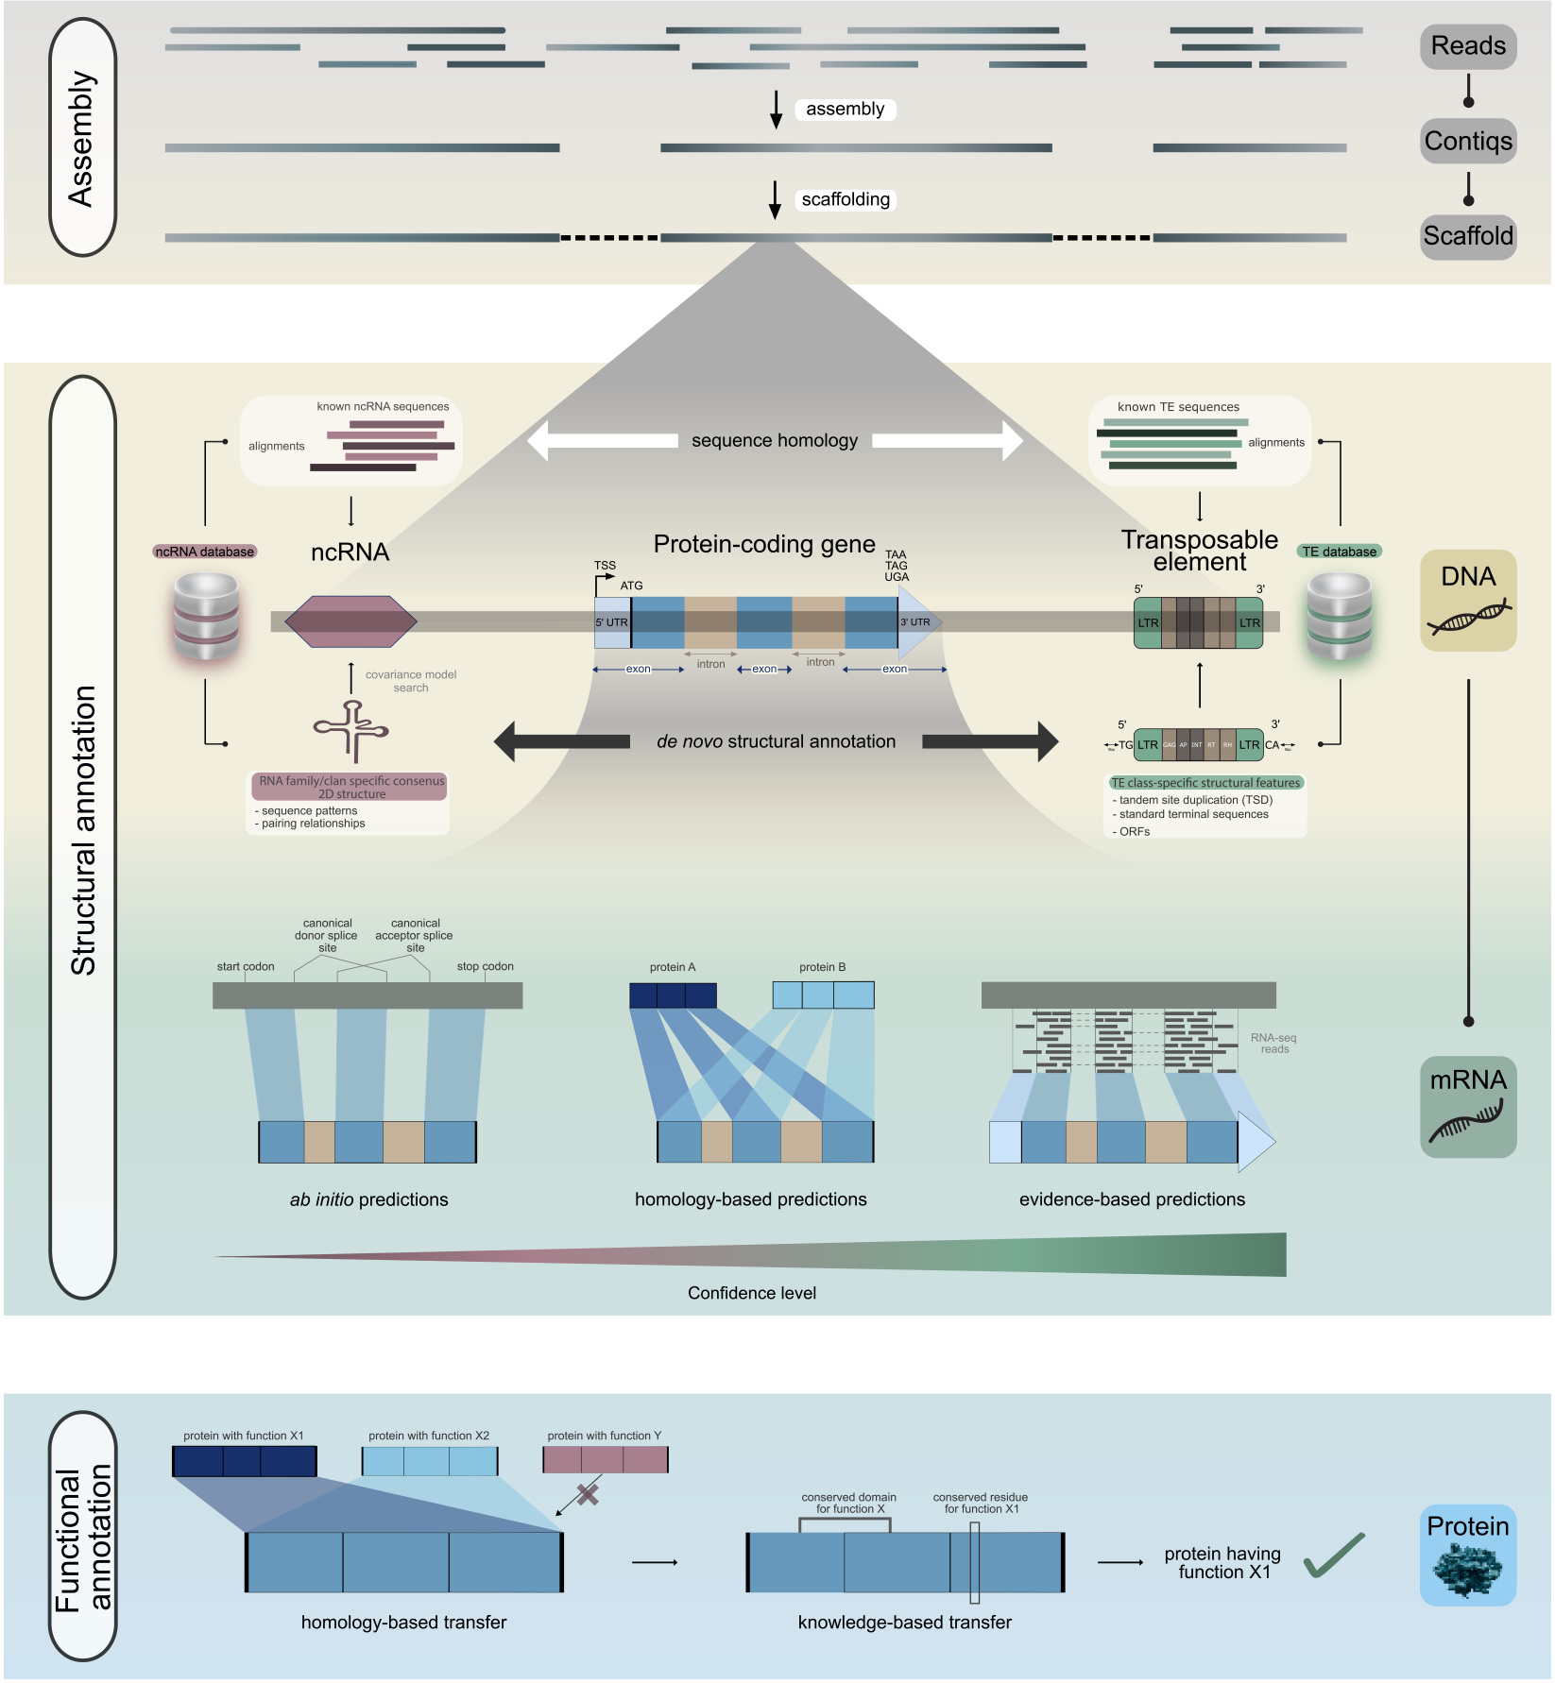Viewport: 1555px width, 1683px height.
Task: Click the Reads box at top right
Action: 1467,46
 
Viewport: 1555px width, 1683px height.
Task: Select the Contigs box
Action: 1467,142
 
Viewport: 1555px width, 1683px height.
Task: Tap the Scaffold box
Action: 1467,236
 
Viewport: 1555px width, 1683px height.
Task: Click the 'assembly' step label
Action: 845,110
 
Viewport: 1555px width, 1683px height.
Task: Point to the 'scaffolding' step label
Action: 846,200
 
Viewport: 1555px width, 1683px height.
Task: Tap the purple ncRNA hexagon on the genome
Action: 350,621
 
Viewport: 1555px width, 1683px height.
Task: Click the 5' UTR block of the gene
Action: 611,622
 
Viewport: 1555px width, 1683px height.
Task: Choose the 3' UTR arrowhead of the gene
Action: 917,622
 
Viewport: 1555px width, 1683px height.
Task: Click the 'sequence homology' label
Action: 775,441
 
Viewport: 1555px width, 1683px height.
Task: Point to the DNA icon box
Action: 1467,601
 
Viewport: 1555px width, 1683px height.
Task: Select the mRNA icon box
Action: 1467,1107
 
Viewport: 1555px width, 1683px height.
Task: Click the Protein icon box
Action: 1467,1555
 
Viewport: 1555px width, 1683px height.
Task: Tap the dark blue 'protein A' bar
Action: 673,995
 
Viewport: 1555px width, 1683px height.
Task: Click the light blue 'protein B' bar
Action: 823,995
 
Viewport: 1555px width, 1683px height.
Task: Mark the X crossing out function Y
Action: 588,1494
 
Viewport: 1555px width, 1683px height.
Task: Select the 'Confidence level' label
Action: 752,1294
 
